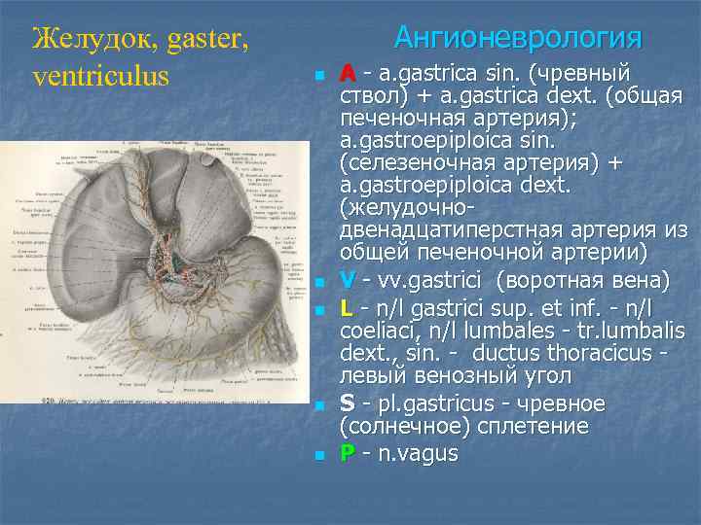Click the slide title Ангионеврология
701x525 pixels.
[517, 38]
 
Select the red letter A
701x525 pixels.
[347, 74]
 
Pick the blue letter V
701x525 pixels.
[347, 281]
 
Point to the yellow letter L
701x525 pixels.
[347, 307]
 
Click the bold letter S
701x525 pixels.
[347, 403]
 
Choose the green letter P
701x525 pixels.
[347, 452]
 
